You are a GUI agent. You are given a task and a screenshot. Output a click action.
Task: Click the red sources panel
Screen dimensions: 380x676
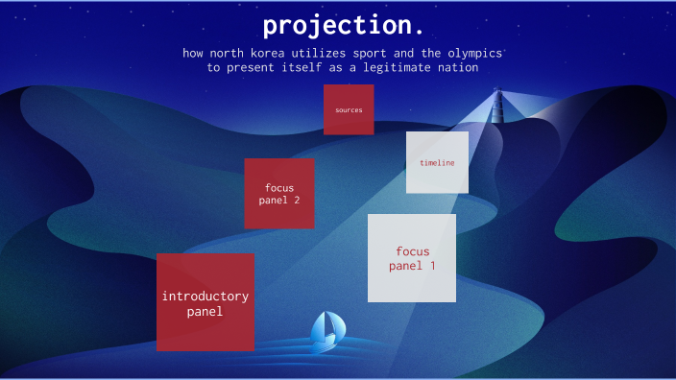click(x=349, y=109)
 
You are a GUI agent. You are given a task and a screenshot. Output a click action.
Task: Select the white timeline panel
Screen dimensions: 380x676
click(x=437, y=162)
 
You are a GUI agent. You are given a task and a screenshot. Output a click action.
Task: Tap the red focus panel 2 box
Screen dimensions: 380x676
click(x=278, y=193)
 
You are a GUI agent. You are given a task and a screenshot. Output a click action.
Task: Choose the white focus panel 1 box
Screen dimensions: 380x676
click(x=412, y=257)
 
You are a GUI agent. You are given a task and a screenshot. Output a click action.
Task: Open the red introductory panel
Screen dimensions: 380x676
click(x=205, y=301)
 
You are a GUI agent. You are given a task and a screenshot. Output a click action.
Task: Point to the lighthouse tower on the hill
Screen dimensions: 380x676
click(x=497, y=105)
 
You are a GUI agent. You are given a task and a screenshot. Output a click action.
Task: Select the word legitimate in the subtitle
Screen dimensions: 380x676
click(x=391, y=68)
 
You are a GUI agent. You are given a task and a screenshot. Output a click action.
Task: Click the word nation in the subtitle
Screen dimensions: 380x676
click(x=455, y=68)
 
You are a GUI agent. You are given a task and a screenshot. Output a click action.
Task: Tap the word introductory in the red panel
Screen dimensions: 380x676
click(x=205, y=296)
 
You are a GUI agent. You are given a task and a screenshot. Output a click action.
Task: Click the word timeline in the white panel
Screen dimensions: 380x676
click(x=437, y=162)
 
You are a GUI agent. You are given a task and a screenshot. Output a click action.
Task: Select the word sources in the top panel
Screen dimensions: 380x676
click(x=349, y=109)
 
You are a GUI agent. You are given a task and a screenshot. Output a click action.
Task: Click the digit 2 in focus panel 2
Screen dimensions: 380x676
click(x=296, y=200)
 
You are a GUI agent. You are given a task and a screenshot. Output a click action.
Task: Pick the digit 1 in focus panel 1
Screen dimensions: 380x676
click(x=432, y=266)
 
